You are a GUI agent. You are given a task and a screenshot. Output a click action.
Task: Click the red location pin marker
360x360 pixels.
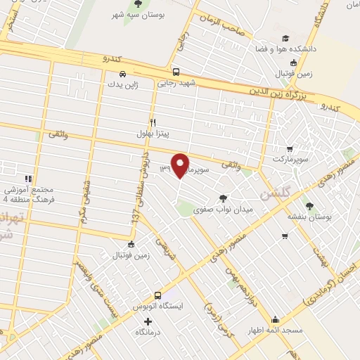click(181, 165)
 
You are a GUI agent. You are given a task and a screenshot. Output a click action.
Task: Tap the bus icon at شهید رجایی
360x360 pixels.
click(175, 71)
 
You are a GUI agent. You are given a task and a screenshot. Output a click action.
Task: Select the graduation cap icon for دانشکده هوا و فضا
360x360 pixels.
click(285, 39)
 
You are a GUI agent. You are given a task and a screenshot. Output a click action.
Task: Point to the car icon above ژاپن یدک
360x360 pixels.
click(123, 74)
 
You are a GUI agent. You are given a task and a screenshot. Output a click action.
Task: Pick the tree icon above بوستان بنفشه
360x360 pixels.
click(309, 205)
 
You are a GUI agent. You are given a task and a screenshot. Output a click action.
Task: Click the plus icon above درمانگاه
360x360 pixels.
click(147, 321)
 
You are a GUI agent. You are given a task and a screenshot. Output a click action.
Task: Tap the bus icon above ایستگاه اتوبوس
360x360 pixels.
click(157, 296)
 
